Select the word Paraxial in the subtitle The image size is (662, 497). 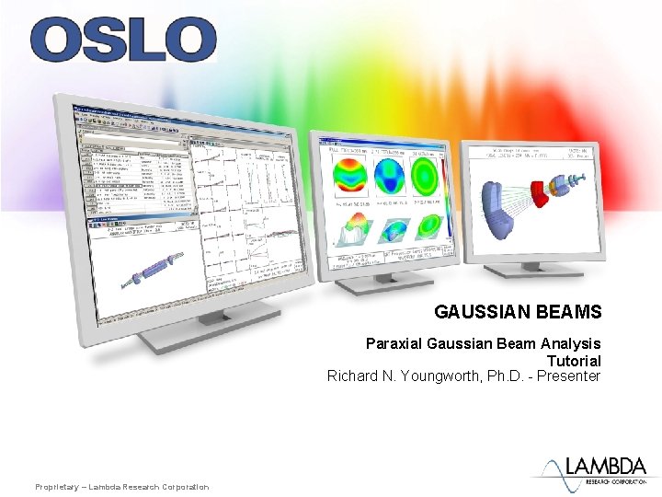[x=394, y=343]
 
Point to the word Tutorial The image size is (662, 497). [x=574, y=360]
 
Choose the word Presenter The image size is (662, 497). [x=565, y=376]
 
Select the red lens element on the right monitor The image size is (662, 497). [x=554, y=190]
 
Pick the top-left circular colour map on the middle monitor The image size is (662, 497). [x=350, y=177]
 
